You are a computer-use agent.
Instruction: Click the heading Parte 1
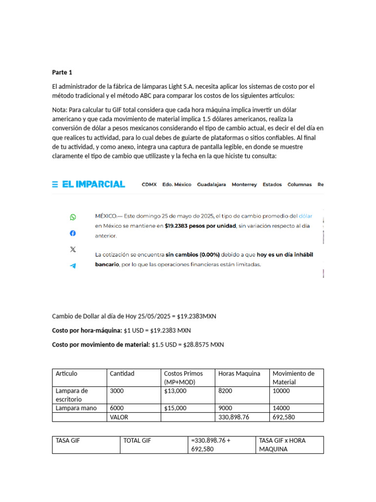click(62, 73)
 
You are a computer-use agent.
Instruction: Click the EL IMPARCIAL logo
click(89, 184)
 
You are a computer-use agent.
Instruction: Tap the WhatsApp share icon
click(73, 217)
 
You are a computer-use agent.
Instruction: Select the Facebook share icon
click(73, 233)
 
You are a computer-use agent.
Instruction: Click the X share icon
click(73, 249)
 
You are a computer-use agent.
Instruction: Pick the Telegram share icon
click(73, 265)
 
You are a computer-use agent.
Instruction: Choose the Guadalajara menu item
click(211, 185)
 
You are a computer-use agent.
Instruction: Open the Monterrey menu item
click(244, 185)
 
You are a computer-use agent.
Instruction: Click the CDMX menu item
click(149, 185)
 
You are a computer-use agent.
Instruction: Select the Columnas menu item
click(299, 185)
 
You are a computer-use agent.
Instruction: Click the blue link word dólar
click(305, 216)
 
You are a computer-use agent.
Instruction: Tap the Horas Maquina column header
click(239, 374)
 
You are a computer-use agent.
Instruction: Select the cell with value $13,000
click(175, 391)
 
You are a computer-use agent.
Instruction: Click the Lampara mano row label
click(76, 408)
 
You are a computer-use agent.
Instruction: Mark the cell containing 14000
click(281, 408)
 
